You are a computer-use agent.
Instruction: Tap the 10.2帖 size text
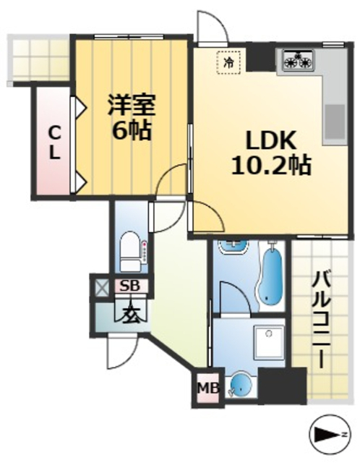[x=270, y=166]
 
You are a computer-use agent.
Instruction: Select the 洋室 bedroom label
[x=131, y=105]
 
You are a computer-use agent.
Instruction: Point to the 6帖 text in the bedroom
[x=131, y=131]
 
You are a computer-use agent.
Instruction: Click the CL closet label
[x=53, y=143]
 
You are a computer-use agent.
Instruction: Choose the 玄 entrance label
[x=129, y=315]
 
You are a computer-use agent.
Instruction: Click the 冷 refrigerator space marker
[x=228, y=63]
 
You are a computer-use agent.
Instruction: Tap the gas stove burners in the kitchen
[x=297, y=61]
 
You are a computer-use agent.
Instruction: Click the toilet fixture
[x=131, y=249]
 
